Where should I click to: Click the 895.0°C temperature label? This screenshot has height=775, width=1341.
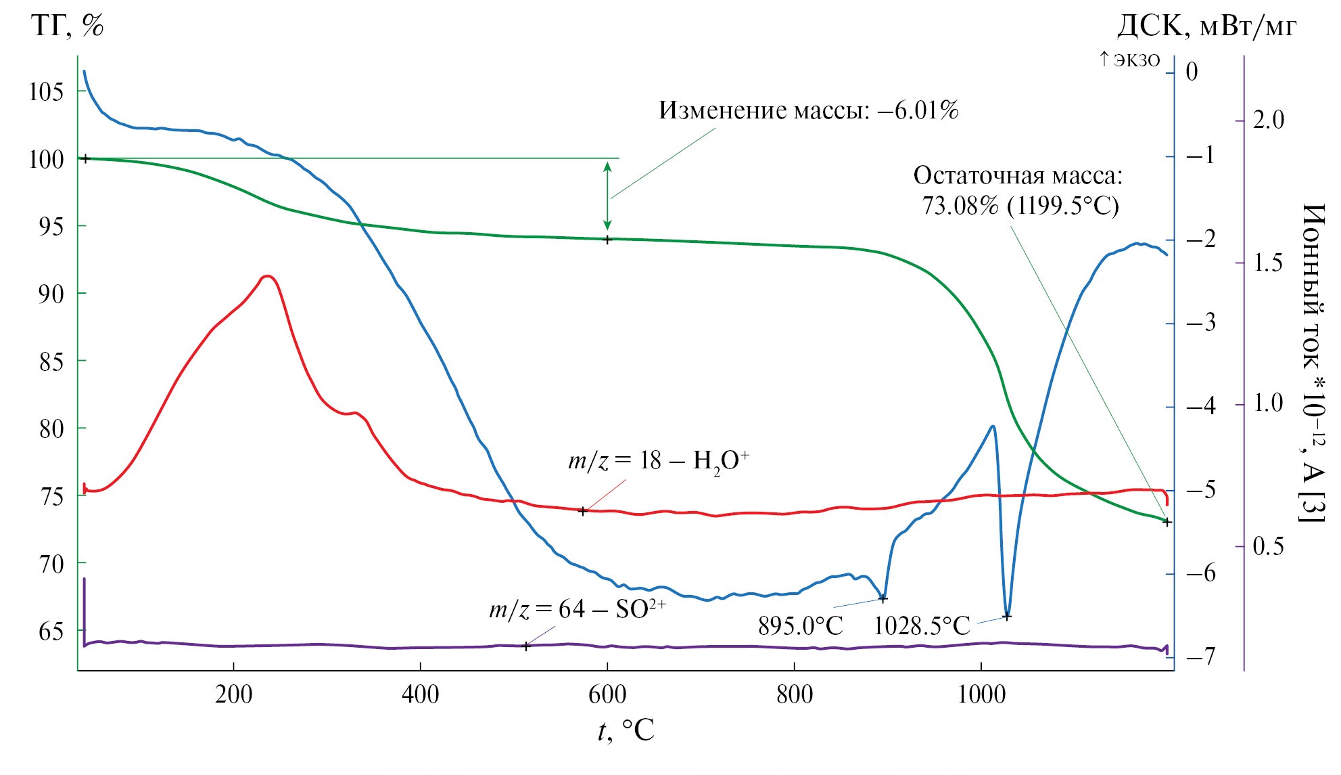tap(800, 625)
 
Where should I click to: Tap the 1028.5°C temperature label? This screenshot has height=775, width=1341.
tap(922, 625)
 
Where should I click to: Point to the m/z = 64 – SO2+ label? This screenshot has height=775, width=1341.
tap(578, 609)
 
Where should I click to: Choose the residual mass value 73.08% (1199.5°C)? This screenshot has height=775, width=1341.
tap(1020, 205)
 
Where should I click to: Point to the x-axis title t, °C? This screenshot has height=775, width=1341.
tap(626, 731)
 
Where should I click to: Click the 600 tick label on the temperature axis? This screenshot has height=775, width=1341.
tap(607, 694)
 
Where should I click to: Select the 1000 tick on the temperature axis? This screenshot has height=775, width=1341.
tap(981, 694)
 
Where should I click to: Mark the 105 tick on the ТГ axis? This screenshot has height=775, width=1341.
tap(47, 91)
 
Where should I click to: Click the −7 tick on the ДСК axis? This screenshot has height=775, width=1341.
tap(1200, 656)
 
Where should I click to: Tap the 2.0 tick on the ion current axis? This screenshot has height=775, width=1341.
tap(1268, 120)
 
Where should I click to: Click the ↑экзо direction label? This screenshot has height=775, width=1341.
tap(1129, 60)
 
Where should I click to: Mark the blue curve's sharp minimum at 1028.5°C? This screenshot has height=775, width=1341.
tap(1007, 615)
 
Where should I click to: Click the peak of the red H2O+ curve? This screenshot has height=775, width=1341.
tap(268, 276)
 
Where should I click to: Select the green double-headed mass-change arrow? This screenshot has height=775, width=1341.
tap(607, 196)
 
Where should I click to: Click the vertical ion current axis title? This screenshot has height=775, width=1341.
tap(1312, 362)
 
